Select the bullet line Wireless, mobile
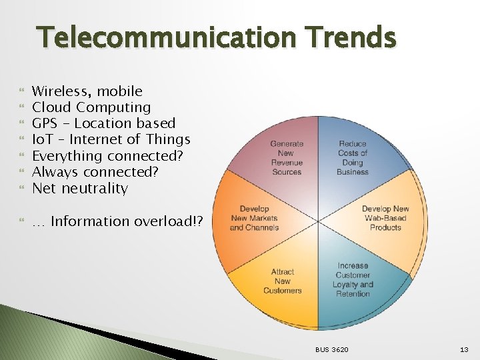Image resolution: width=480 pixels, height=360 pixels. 87,91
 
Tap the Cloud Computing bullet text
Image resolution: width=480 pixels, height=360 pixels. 91,107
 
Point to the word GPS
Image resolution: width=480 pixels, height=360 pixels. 45,123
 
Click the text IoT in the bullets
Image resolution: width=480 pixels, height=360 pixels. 44,139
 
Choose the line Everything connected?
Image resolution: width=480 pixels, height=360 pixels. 107,156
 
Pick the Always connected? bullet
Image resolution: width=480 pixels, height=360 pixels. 95,172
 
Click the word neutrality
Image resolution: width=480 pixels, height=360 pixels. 95,188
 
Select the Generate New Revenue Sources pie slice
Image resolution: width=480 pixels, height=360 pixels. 287,157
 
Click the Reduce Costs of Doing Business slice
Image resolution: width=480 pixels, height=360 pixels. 352,157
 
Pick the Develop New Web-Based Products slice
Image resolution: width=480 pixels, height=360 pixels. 385,218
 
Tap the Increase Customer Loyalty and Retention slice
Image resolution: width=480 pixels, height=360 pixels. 353,279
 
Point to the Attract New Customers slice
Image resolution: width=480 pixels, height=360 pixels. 283,281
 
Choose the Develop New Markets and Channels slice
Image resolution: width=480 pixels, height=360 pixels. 254,218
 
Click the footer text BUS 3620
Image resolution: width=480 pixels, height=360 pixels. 332,349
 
